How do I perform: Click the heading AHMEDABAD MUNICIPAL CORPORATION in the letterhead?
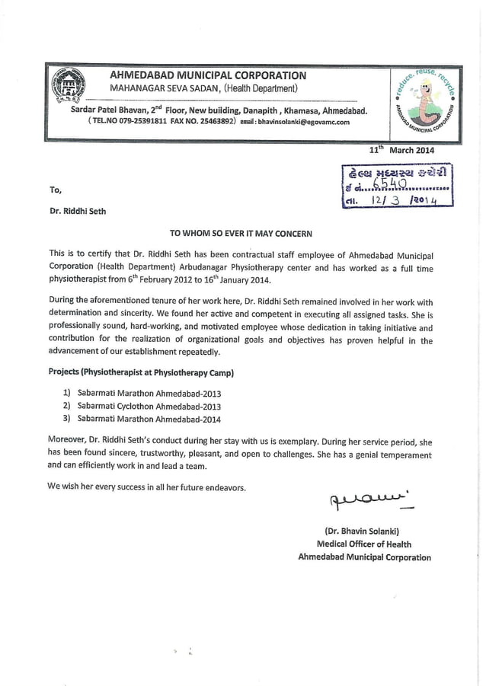pos(208,75)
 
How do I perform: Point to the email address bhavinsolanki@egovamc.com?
pos(303,122)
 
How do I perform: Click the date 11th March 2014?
pos(401,150)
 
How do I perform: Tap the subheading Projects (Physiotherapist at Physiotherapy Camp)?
pos(141,372)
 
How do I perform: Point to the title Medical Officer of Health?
pos(363,544)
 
